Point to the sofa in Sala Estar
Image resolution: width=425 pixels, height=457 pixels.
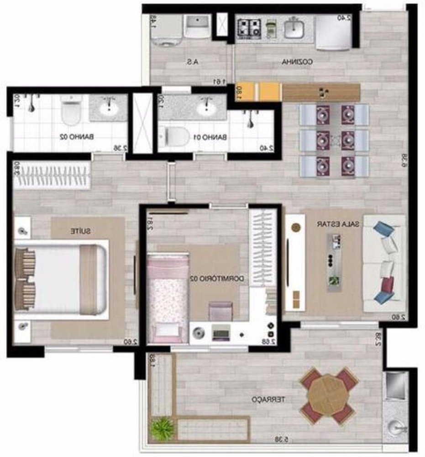[x=383, y=263]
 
